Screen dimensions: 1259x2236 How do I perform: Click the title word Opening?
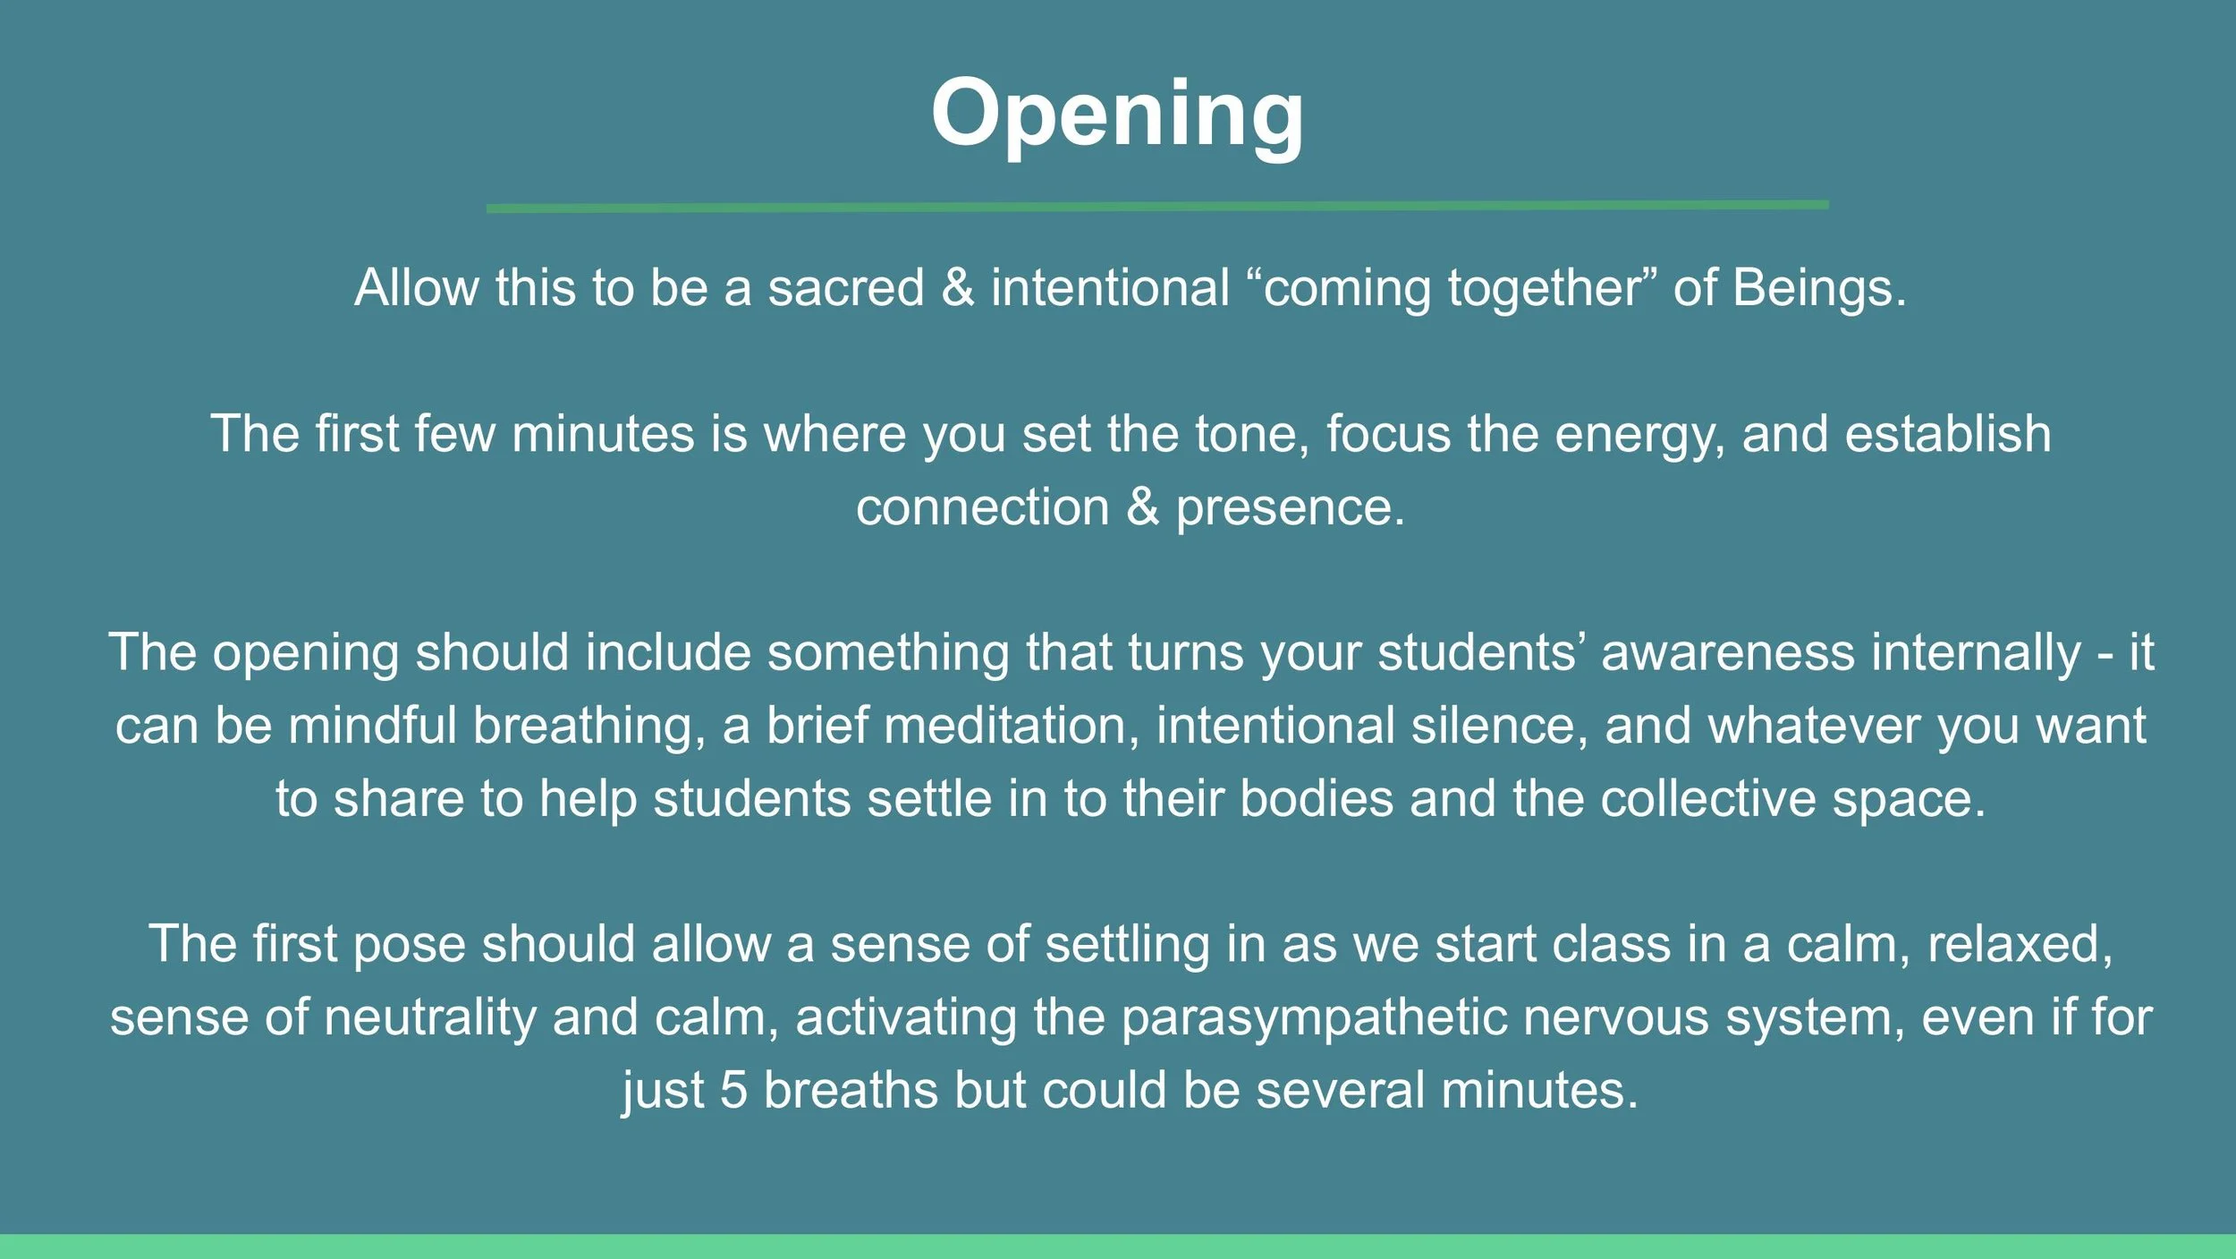(1117, 115)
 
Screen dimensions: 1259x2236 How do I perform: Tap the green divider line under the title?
(1157, 207)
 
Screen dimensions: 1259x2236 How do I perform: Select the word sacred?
(845, 288)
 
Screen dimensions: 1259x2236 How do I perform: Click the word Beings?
(1818, 288)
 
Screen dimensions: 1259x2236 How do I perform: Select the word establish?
(1947, 434)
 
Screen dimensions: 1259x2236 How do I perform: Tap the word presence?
(1290, 508)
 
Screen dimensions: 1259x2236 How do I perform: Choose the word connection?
(982, 507)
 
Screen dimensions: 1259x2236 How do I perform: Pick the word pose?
(409, 945)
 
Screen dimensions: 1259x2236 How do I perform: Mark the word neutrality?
(429, 1018)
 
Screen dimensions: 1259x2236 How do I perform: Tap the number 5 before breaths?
(733, 1091)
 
